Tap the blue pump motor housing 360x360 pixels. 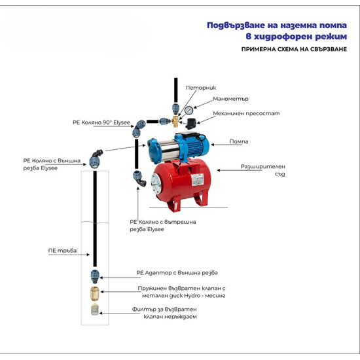[x=193, y=145]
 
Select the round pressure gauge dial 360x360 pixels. [x=189, y=110]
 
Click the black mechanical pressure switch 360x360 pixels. [x=190, y=124]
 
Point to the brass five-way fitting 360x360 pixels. [x=175, y=121]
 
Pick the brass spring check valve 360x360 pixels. [x=94, y=293]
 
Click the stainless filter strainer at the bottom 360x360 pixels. [x=95, y=310]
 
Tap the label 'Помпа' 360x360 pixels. [x=239, y=141]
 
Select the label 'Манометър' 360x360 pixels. [x=230, y=99]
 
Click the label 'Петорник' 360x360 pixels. [x=201, y=88]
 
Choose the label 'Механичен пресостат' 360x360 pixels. [x=246, y=113]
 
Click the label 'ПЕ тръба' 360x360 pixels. [x=62, y=251]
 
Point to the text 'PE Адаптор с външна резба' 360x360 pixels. [x=177, y=273]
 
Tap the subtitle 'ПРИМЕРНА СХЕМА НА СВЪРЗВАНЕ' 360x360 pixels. [x=294, y=49]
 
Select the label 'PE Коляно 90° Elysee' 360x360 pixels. [x=101, y=122]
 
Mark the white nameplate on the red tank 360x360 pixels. [x=198, y=179]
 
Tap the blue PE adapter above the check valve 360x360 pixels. [x=95, y=276]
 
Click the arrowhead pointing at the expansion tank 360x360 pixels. [x=219, y=170]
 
